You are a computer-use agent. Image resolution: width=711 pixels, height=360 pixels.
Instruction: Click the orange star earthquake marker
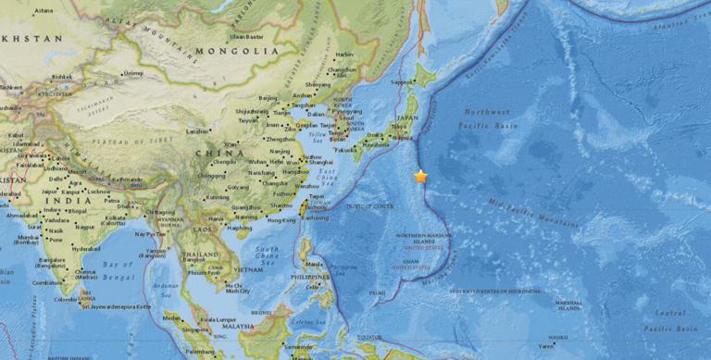tap(421, 176)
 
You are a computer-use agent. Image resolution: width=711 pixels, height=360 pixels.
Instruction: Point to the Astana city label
tap(43, 10)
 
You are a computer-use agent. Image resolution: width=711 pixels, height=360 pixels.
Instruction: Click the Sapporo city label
tap(405, 83)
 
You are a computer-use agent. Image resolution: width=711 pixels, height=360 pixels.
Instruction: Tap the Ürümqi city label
tap(134, 73)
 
